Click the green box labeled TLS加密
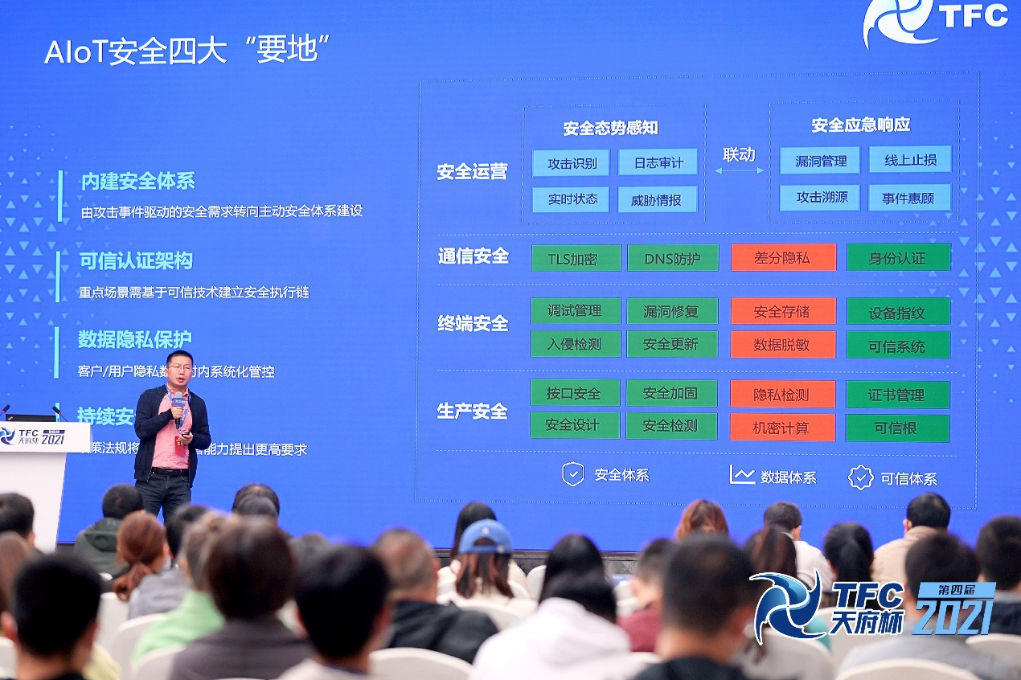click(x=576, y=258)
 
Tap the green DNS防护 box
click(x=672, y=258)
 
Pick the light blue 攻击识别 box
click(x=571, y=163)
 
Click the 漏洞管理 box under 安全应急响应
click(x=819, y=161)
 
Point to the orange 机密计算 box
click(x=783, y=428)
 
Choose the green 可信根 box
click(x=897, y=428)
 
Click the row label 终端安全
click(x=473, y=324)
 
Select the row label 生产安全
click(x=472, y=412)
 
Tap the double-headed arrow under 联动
click(x=739, y=170)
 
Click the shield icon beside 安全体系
click(x=572, y=474)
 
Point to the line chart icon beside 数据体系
click(x=741, y=475)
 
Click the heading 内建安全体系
click(x=137, y=182)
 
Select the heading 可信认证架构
click(x=136, y=261)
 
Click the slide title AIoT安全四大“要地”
click(x=188, y=51)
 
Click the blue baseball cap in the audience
click(x=485, y=536)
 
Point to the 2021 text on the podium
click(x=52, y=439)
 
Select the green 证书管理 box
click(x=897, y=395)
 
